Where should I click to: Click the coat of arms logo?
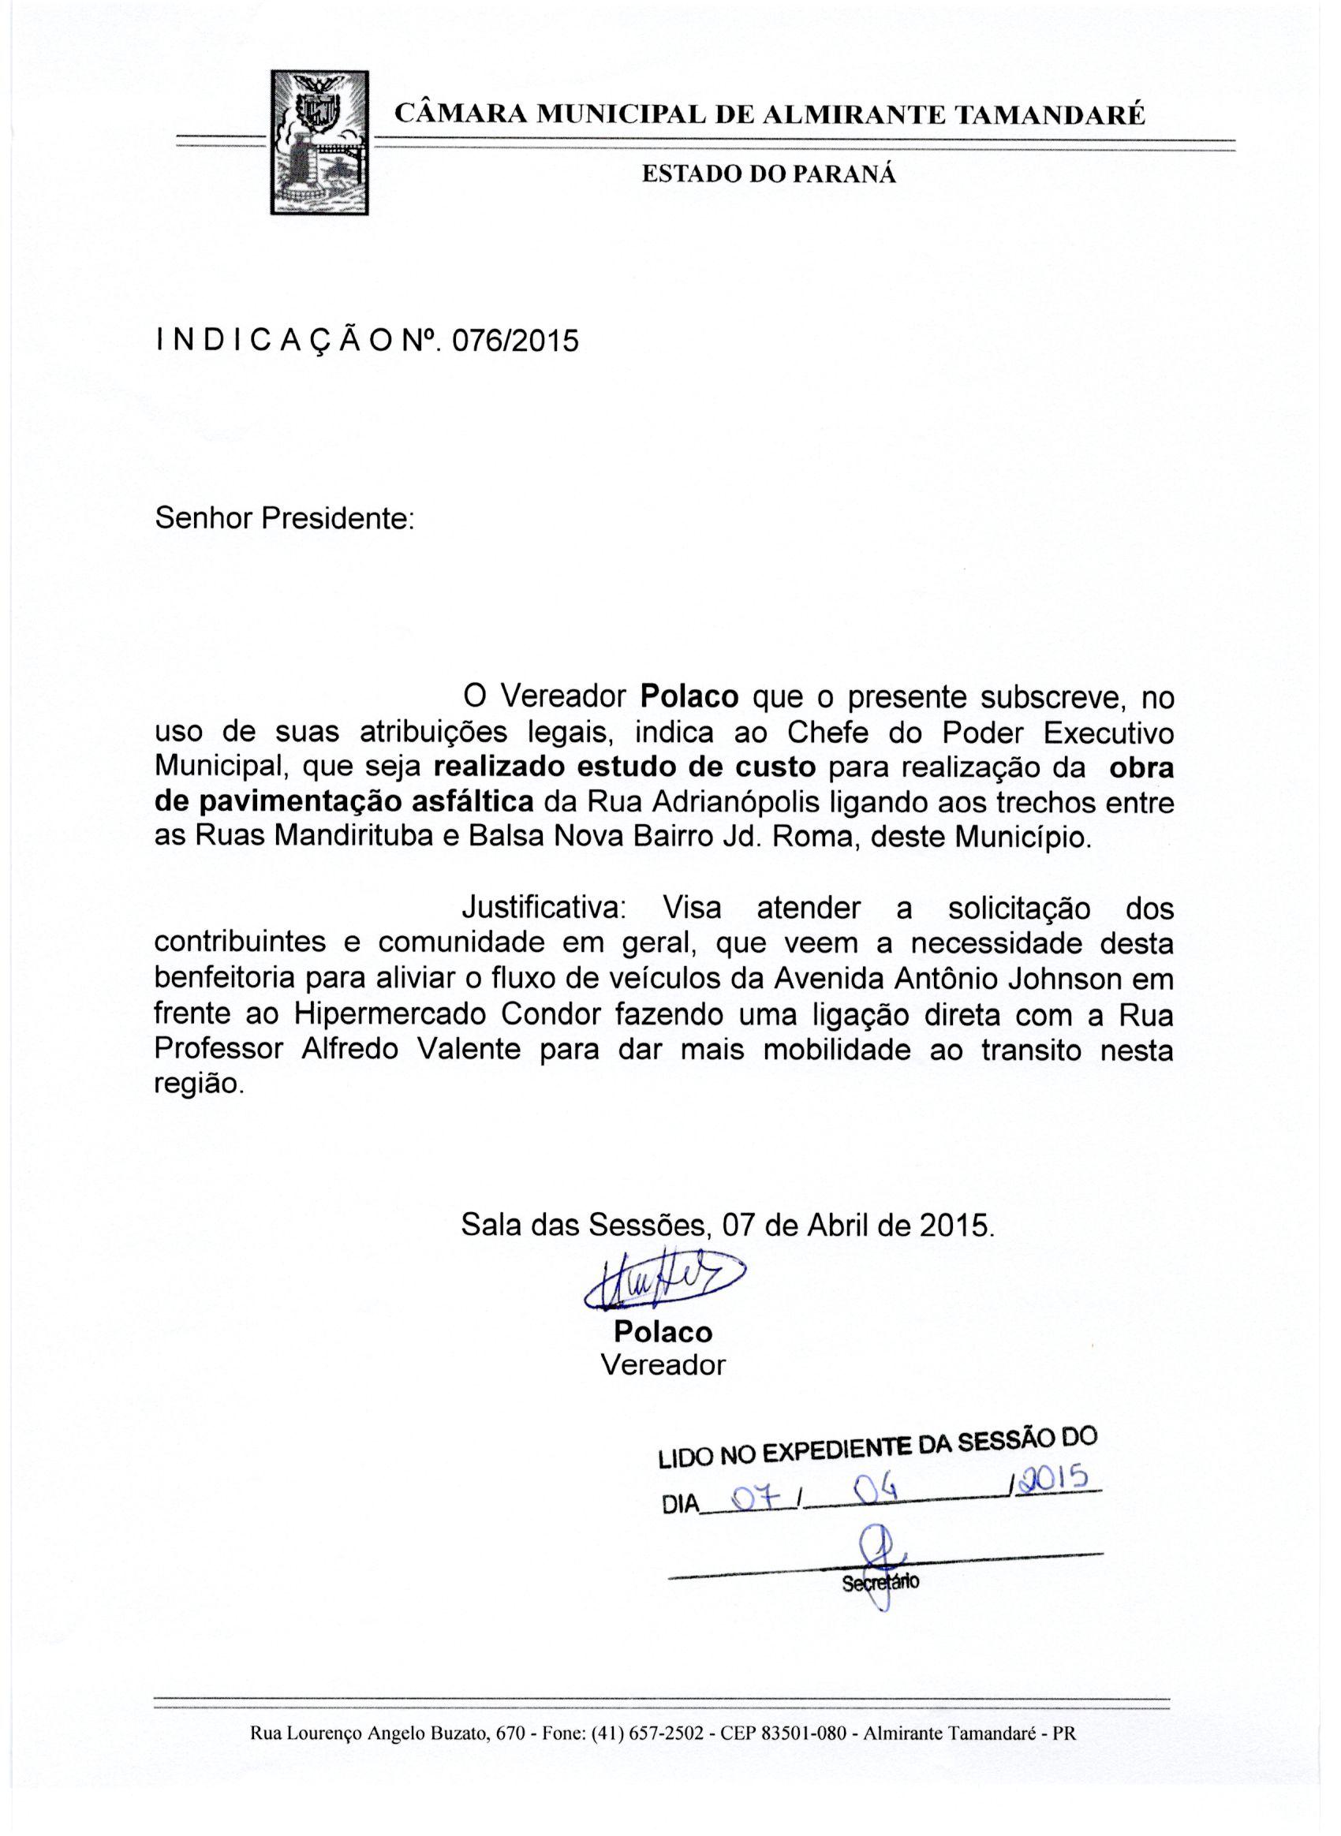pyautogui.click(x=319, y=142)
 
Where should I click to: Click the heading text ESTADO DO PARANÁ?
pyautogui.click(x=769, y=175)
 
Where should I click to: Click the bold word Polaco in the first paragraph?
pyautogui.click(x=689, y=697)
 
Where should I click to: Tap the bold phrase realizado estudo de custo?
pyautogui.click(x=624, y=767)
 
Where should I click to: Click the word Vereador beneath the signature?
pyautogui.click(x=663, y=1365)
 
